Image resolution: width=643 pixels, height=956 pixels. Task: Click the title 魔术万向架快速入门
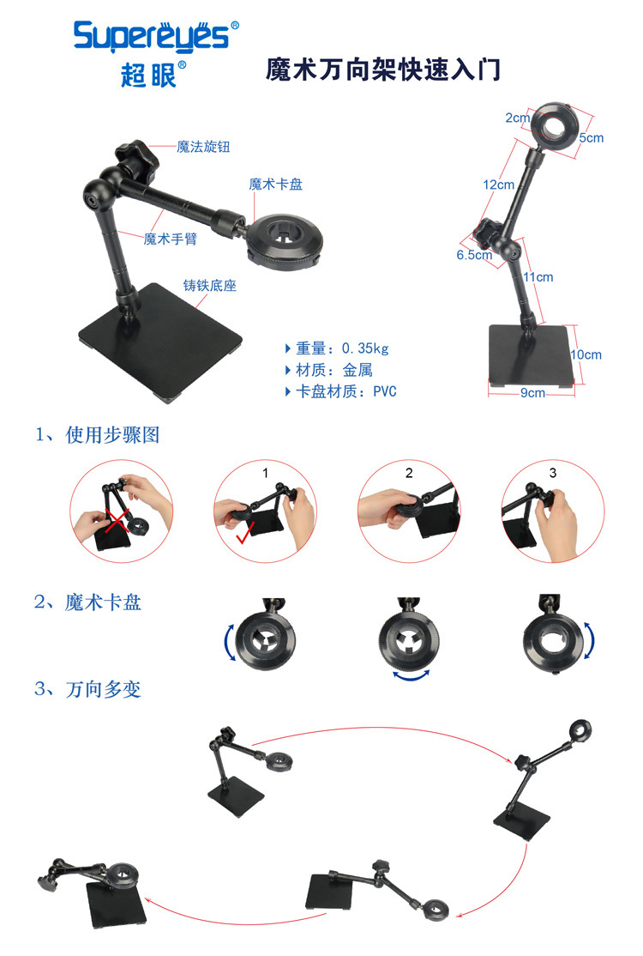383,69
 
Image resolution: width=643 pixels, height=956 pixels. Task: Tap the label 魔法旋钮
203,147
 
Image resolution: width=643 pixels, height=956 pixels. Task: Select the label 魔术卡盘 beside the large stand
276,185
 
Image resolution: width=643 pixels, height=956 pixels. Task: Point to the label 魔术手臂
171,239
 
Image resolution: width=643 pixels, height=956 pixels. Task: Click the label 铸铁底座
210,285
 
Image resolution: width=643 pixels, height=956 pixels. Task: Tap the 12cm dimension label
499,185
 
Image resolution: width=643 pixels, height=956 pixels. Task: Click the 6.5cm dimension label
474,255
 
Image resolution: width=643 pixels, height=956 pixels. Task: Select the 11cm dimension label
538,277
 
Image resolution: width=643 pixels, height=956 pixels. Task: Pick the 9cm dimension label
532,393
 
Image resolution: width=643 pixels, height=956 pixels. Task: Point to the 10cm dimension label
586,354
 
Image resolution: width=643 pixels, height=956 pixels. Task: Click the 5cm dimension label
592,138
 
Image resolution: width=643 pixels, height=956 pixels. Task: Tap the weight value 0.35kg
364,348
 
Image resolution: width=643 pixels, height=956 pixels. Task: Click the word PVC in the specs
385,391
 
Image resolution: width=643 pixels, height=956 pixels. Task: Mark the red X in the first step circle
117,521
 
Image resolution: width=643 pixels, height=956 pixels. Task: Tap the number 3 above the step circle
553,473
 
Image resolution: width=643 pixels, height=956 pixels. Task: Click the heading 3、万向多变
87,690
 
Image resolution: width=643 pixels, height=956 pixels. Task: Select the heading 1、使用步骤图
98,435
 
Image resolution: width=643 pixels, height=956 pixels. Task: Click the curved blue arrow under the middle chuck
412,675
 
